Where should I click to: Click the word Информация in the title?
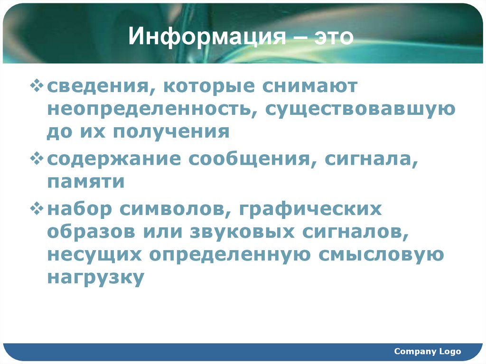coord(202,37)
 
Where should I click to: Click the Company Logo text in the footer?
coord(427,352)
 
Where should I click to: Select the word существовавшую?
coord(360,109)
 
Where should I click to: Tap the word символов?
coord(173,209)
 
